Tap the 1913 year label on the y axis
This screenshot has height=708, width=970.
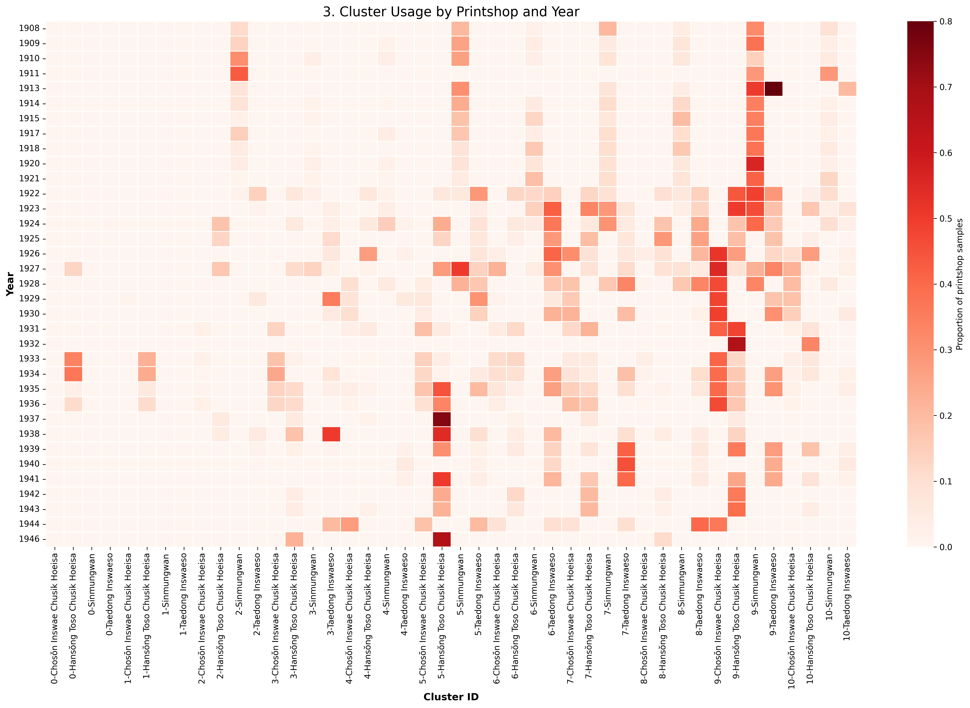[x=29, y=88]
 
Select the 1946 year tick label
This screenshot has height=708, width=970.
[x=29, y=539]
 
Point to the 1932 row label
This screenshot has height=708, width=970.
[x=29, y=344]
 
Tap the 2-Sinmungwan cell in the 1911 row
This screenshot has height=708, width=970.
[x=239, y=73]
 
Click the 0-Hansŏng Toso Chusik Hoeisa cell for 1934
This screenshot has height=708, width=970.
[x=73, y=374]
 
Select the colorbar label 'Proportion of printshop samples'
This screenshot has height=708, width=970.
[x=960, y=284]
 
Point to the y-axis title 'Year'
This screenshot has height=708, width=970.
[x=10, y=284]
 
